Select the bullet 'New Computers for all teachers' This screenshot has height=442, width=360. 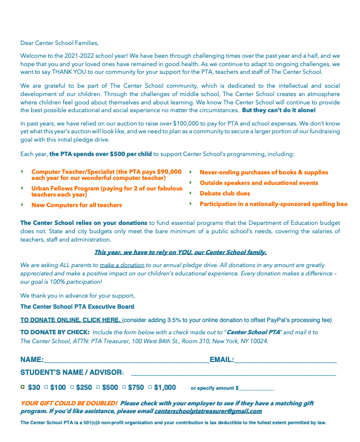pyautogui.click(x=77, y=205)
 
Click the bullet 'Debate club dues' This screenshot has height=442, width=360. pyautogui.click(x=225, y=194)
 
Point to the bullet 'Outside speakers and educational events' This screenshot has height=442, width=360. pyautogui.click(x=258, y=183)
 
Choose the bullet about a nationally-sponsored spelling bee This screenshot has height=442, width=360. pyautogui.click(x=273, y=204)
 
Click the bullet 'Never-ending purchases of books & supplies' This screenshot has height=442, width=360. pyautogui.click(x=263, y=173)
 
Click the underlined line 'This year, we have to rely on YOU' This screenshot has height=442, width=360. pyautogui.click(x=180, y=252)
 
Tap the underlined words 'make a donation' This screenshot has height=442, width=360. pyautogui.click(x=122, y=265)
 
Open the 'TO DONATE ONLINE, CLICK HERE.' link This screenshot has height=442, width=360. pyautogui.click(x=70, y=320)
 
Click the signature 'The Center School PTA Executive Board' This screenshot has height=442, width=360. pyautogui.click(x=77, y=307)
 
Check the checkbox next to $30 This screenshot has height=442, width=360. pyautogui.click(x=23, y=387)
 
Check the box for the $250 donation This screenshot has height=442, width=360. pyautogui.click(x=72, y=387)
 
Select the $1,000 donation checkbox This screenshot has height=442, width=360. pyautogui.click(x=149, y=387)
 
